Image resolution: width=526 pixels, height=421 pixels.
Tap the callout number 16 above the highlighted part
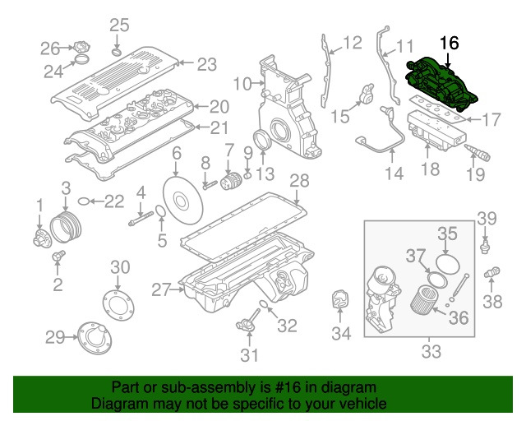coord(450,44)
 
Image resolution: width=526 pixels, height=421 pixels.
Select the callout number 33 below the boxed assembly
coord(431,352)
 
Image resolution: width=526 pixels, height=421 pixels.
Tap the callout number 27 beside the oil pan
coord(159,289)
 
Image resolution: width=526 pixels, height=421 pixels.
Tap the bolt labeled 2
coord(58,259)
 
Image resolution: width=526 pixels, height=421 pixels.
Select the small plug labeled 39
coord(486,245)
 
